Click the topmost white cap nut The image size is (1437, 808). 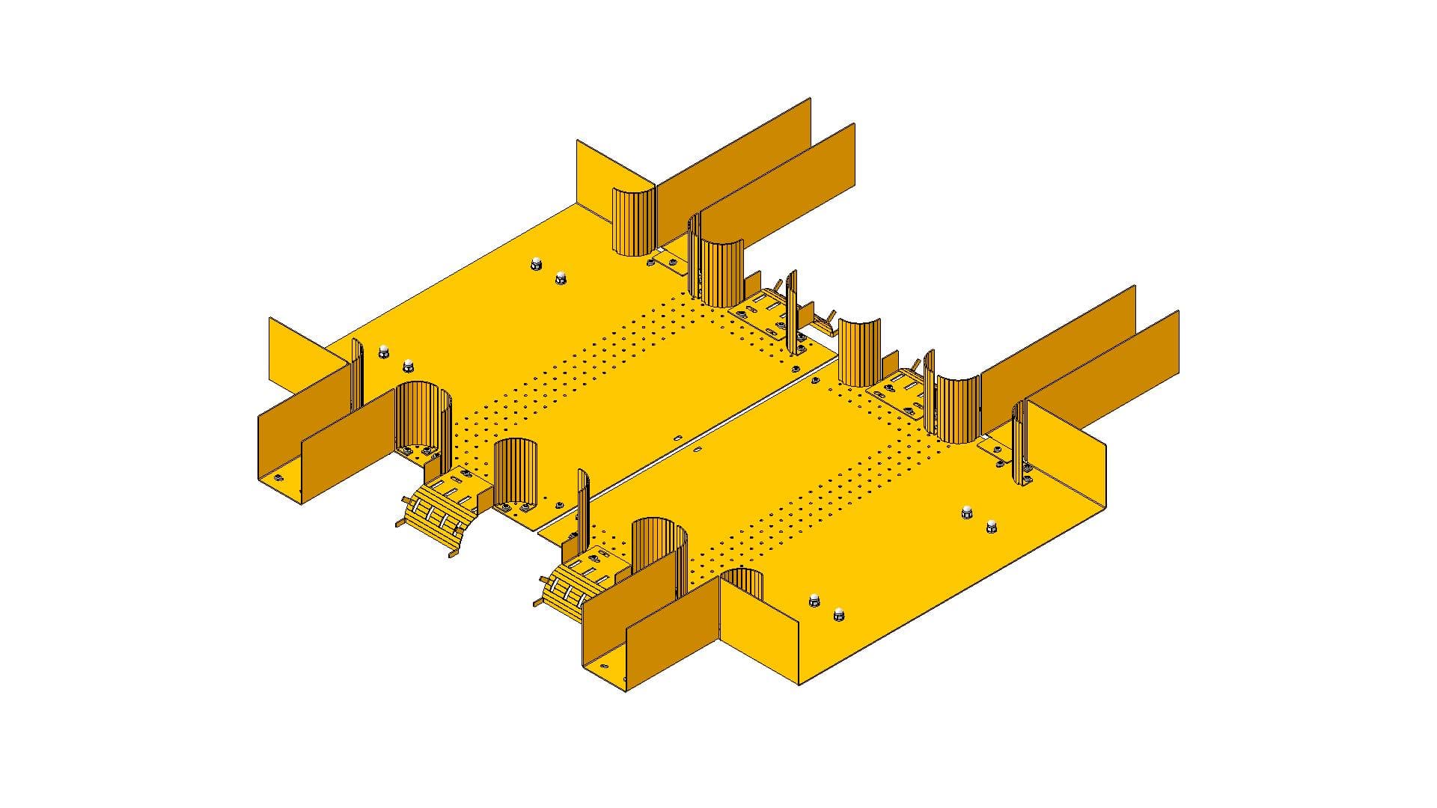tap(536, 263)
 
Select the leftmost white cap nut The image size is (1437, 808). tap(384, 350)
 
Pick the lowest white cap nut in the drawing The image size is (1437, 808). tap(838, 613)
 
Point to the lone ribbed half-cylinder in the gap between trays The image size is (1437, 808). tap(859, 352)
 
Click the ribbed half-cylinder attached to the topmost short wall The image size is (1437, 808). tap(633, 222)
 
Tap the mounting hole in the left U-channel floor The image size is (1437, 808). tap(278, 477)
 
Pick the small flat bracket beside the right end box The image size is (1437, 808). tap(995, 449)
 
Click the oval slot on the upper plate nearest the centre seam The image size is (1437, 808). tap(677, 437)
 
